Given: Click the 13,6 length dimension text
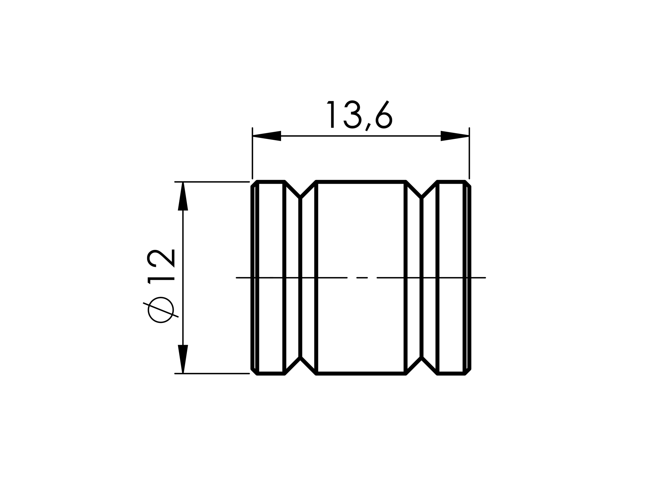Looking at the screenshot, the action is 359,115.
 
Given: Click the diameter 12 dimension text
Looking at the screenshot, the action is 161,286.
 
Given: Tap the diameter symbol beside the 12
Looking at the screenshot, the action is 161,310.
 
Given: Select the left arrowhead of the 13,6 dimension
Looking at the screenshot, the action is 267,136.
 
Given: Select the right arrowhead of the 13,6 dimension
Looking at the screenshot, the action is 455,136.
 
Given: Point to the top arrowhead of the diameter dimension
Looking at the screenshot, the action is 183,196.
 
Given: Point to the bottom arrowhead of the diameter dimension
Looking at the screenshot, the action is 183,359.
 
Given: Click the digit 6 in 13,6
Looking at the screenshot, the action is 384,114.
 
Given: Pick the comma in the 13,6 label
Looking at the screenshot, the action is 367,127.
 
